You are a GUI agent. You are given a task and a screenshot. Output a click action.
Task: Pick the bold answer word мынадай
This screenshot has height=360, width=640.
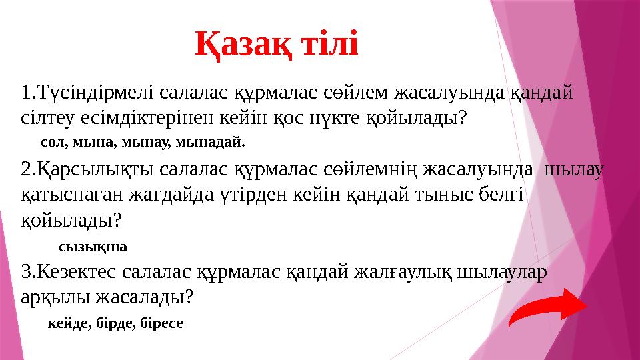(219, 142)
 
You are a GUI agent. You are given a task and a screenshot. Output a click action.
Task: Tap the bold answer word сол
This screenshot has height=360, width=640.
(52, 142)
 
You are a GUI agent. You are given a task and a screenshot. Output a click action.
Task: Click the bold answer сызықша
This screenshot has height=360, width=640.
(93, 247)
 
